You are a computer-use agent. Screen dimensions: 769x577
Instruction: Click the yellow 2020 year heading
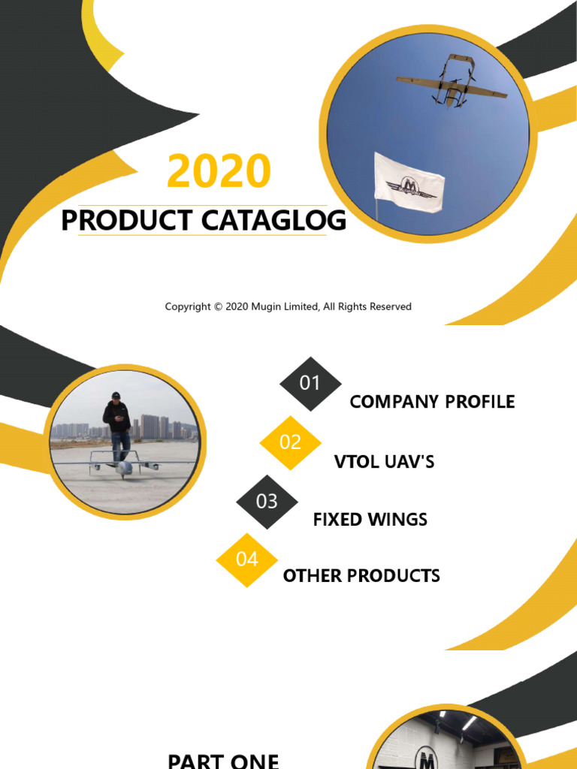(219, 171)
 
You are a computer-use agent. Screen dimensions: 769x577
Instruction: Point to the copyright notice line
(288, 306)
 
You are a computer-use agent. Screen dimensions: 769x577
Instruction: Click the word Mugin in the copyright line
(266, 306)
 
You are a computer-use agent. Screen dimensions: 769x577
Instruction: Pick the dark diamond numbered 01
(310, 383)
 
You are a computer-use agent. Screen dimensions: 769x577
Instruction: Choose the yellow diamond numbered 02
(290, 442)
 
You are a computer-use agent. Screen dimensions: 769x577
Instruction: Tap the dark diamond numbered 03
(267, 501)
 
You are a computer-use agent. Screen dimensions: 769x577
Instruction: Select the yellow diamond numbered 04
(246, 559)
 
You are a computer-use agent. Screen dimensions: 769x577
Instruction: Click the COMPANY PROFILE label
(432, 402)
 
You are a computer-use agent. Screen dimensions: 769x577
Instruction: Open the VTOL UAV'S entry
(384, 461)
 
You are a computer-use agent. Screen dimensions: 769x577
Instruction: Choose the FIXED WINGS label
(370, 519)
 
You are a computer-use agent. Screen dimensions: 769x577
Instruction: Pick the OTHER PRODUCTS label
(361, 576)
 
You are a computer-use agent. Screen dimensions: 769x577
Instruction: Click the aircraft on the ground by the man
(124, 466)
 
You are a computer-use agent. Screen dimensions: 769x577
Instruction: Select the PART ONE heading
(223, 760)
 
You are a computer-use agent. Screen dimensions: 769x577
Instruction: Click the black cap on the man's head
(115, 395)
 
